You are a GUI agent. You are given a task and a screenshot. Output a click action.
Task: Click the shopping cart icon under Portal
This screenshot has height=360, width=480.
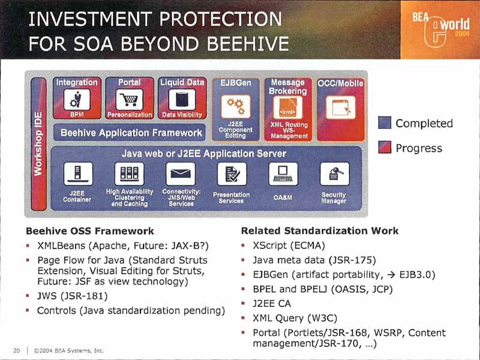coord(129,100)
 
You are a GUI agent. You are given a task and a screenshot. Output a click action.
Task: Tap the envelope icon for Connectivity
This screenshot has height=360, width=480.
coord(181,173)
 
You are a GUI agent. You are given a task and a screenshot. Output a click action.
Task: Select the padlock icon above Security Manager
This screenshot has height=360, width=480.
coord(334,173)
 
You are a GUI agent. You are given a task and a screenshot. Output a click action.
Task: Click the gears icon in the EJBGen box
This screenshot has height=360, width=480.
coord(236,106)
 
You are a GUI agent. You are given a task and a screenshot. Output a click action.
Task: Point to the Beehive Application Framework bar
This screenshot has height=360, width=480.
coord(130,133)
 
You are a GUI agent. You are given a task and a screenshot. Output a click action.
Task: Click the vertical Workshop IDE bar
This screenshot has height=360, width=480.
coord(38,144)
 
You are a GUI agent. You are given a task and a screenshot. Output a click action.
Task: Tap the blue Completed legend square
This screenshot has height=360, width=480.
coord(385,123)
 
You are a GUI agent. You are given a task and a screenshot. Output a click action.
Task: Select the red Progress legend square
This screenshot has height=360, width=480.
coord(385,147)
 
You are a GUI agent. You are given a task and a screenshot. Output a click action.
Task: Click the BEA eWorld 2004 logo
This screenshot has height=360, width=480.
coord(440,29)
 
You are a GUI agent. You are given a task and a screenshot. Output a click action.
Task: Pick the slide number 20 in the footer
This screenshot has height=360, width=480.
coord(17,350)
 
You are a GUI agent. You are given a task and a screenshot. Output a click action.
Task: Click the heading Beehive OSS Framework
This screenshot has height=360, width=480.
coord(89,231)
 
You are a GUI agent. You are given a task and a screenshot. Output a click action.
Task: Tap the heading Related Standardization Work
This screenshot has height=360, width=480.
coord(320,230)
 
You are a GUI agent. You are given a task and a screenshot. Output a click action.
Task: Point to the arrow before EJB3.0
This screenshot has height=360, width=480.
coord(391,275)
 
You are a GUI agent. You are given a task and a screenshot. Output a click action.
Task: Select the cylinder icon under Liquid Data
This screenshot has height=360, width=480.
coord(182,100)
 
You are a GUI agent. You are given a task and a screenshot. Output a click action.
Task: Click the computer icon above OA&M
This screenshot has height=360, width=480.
coord(283,173)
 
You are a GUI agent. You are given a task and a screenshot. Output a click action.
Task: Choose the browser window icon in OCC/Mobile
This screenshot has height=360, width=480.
coord(341,107)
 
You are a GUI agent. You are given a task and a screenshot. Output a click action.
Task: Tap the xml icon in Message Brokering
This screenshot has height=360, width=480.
coord(288,107)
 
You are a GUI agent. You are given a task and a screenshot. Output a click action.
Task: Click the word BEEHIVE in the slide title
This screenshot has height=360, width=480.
coord(248,43)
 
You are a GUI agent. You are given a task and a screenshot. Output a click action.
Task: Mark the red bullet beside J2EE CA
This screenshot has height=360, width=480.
coord(243,304)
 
